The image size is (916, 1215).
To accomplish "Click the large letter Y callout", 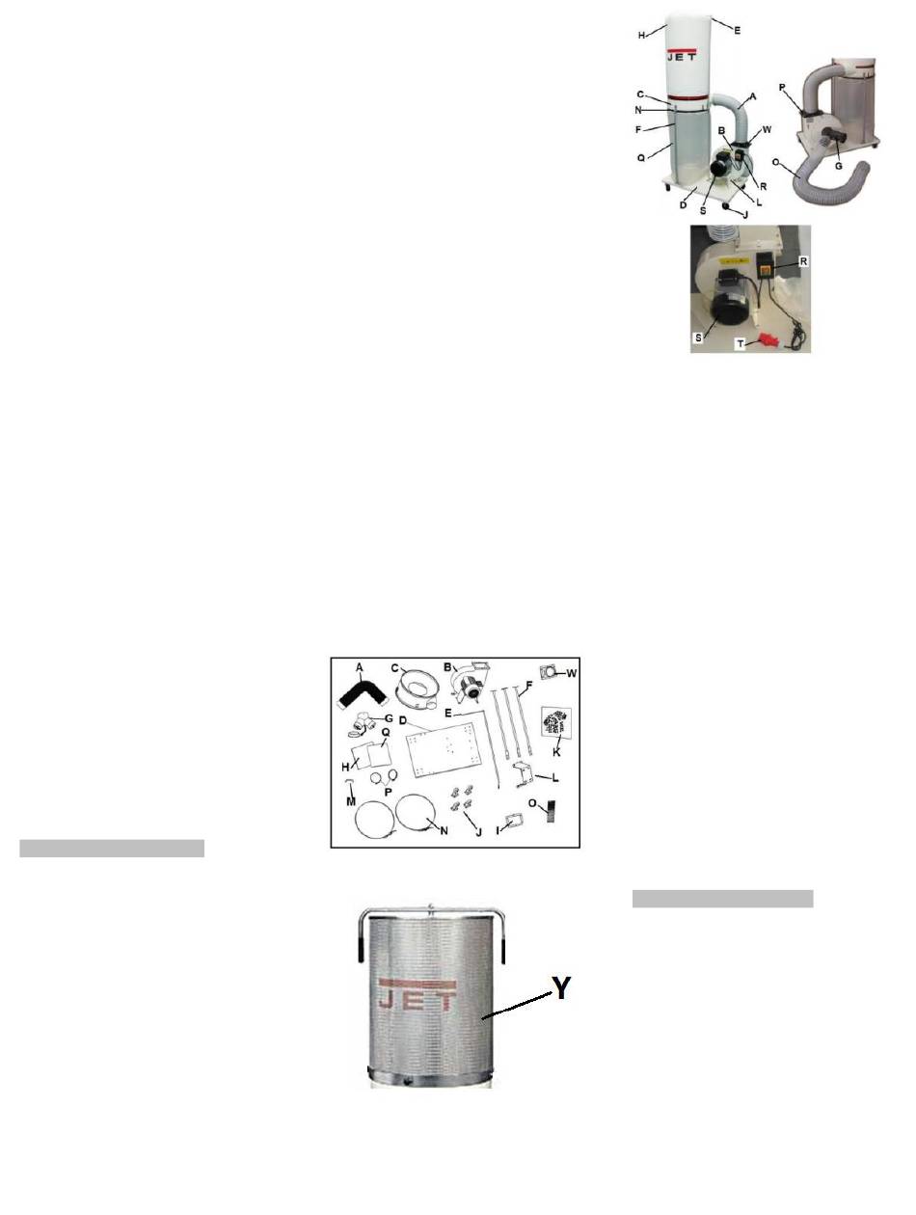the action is [x=561, y=987].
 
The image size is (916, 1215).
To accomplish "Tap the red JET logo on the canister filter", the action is [x=418, y=994].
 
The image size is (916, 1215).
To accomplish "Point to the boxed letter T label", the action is [x=741, y=343].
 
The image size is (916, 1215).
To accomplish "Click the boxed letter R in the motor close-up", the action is [x=803, y=261].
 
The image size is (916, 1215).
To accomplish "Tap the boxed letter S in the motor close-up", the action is [x=698, y=337].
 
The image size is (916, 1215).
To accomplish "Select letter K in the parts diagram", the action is [x=556, y=752].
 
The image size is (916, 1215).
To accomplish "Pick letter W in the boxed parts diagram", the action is [x=571, y=673].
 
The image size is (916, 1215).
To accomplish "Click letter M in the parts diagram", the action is [x=351, y=801].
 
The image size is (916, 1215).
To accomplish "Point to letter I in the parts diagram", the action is [x=498, y=829].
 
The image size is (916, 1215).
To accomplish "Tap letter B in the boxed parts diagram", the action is [x=447, y=667].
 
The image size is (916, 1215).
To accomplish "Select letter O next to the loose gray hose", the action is [x=776, y=162].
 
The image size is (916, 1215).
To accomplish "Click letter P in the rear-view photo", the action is [x=782, y=88].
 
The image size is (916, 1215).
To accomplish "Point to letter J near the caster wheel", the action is [x=745, y=215].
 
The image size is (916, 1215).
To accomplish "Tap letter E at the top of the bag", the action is [x=737, y=31].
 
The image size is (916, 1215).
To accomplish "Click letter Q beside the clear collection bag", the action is [x=641, y=158].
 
